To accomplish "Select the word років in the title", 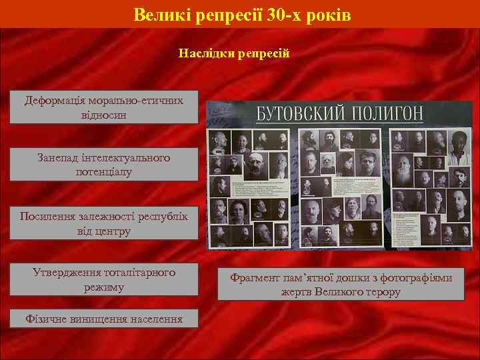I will pos(329,14).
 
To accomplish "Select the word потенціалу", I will pos(103,171).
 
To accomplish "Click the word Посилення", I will pos(47,217).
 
